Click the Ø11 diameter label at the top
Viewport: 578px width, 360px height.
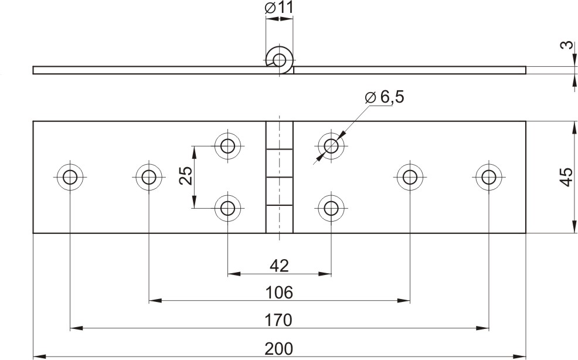click(x=279, y=8)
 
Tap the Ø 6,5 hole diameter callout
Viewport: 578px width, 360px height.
click(x=384, y=97)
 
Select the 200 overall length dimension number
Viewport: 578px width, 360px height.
click(x=279, y=348)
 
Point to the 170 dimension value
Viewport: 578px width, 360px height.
click(x=279, y=320)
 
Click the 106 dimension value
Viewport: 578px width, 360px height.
click(x=279, y=293)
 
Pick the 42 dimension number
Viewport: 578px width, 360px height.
click(x=279, y=265)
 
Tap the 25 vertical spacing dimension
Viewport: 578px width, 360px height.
click(x=186, y=175)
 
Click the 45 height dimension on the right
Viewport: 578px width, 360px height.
click(x=566, y=178)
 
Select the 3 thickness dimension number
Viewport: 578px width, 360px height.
click(x=567, y=45)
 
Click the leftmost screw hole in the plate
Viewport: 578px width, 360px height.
click(x=70, y=178)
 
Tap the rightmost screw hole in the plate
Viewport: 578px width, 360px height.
click(x=489, y=178)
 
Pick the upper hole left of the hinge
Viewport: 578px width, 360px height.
click(x=228, y=146)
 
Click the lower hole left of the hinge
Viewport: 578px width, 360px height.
click(x=228, y=208)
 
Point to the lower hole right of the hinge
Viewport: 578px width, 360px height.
click(x=331, y=208)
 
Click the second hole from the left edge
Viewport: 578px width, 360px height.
click(x=149, y=178)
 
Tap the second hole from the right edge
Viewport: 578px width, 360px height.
click(x=410, y=178)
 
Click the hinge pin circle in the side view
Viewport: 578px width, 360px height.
click(x=279, y=60)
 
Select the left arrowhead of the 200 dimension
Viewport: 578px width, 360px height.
click(x=39, y=356)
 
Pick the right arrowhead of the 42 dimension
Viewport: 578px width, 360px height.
click(x=325, y=274)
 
